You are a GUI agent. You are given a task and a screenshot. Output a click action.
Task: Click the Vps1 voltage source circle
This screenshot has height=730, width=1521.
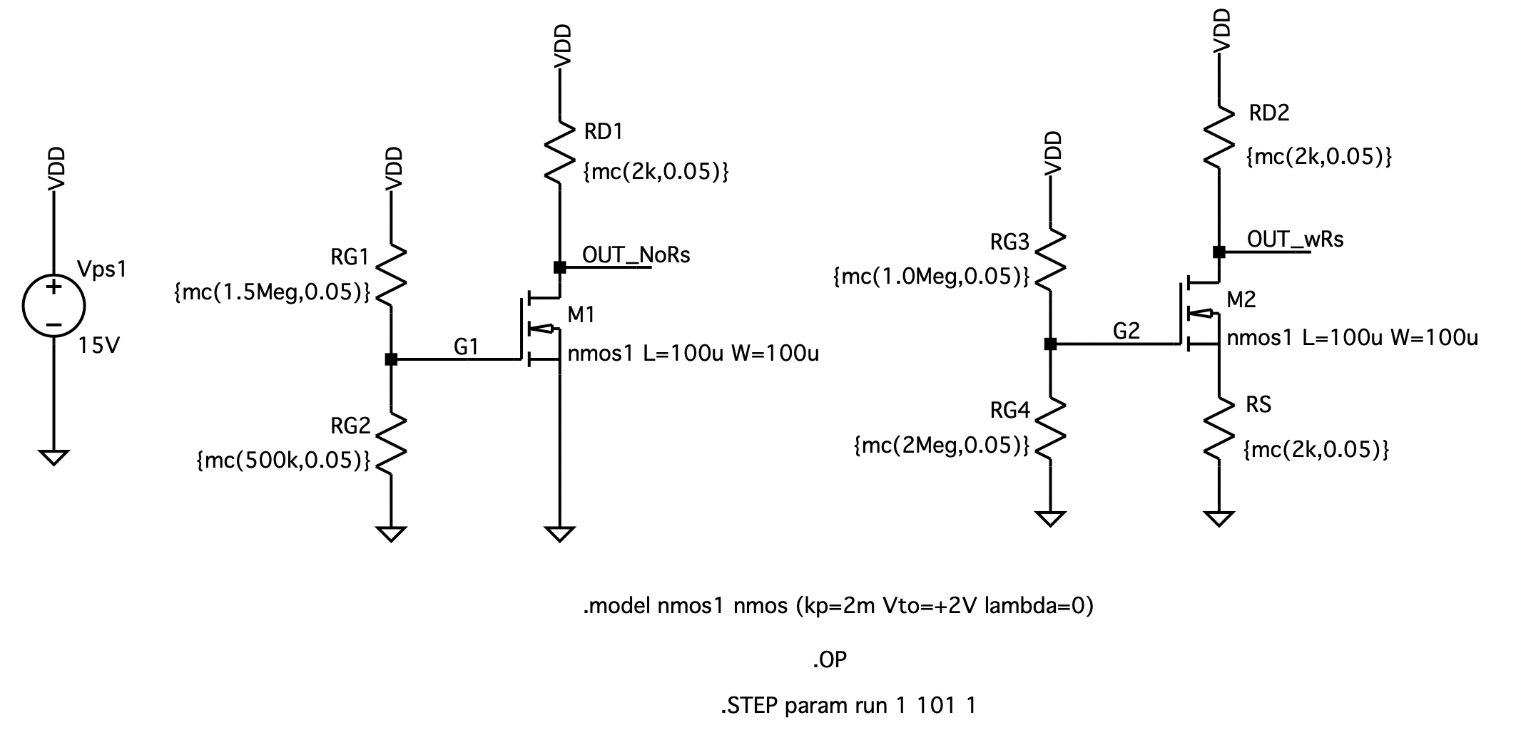(54, 307)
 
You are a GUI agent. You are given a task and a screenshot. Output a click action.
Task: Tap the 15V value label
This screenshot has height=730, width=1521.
(99, 346)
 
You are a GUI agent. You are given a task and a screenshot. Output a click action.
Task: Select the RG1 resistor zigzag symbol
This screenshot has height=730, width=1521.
(391, 276)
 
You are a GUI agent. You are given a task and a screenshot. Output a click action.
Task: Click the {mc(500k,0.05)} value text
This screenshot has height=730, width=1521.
(283, 461)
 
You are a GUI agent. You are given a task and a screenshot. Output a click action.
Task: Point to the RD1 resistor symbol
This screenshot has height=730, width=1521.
(560, 153)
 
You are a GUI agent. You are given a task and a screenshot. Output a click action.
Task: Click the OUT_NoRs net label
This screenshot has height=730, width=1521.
(636, 255)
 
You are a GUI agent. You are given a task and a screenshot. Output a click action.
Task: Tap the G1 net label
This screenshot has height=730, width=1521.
(466, 347)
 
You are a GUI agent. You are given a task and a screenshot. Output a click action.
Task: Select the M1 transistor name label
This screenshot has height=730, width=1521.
(581, 314)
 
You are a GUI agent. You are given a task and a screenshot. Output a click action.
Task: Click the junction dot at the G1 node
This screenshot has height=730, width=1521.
(391, 359)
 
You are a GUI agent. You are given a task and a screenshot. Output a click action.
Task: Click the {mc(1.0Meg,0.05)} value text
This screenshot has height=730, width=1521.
(932, 277)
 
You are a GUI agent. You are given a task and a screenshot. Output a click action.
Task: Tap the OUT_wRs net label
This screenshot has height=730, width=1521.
(1295, 239)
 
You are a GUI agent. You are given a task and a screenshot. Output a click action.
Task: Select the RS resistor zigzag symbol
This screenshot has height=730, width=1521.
(1219, 428)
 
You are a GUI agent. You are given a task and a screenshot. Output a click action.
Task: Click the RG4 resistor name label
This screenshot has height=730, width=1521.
(1010, 411)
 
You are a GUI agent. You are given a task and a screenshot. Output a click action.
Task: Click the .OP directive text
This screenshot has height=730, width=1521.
(829, 660)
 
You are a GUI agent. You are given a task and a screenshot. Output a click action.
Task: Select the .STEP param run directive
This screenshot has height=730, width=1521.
(848, 706)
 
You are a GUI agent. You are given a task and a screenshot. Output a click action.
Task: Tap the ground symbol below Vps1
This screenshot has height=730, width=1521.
(54, 457)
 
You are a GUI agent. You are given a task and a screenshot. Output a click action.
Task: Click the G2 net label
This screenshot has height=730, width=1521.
(1126, 331)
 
